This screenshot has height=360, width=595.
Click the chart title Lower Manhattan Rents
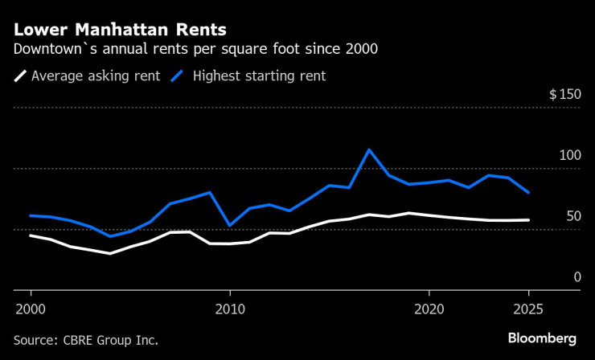point(120,30)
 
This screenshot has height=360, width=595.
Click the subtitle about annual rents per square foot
point(195,49)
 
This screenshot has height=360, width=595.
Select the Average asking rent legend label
point(96,76)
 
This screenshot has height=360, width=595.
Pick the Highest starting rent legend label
point(258,76)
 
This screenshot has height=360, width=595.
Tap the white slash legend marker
point(20,76)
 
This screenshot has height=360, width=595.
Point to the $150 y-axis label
point(564,95)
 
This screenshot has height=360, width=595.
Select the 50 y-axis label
point(572,216)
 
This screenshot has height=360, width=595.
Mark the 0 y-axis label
point(577,277)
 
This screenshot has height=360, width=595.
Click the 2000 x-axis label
point(31,309)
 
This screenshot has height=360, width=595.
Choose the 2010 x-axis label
point(230,309)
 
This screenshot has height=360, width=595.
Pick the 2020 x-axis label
point(429,309)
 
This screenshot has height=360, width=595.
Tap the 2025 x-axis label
point(528,309)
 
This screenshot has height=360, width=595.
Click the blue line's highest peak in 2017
point(369,149)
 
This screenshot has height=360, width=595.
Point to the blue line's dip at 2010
point(230,225)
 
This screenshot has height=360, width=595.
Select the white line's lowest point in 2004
point(110,253)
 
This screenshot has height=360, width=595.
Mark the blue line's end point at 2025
point(528,193)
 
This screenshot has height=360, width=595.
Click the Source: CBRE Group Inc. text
point(85,340)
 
